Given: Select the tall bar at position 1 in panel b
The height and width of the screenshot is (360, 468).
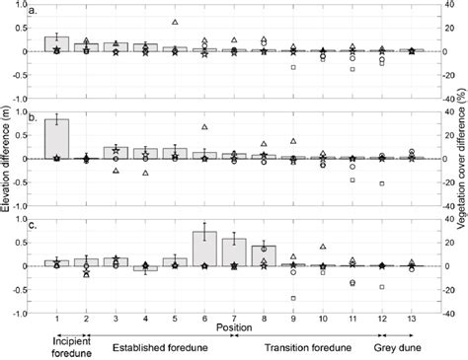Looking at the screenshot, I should (57, 138).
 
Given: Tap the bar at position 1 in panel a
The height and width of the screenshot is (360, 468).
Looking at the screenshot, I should (57, 43).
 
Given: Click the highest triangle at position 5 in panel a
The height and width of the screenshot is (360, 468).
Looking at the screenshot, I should (175, 22).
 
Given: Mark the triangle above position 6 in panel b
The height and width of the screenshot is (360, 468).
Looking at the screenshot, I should (204, 127).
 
